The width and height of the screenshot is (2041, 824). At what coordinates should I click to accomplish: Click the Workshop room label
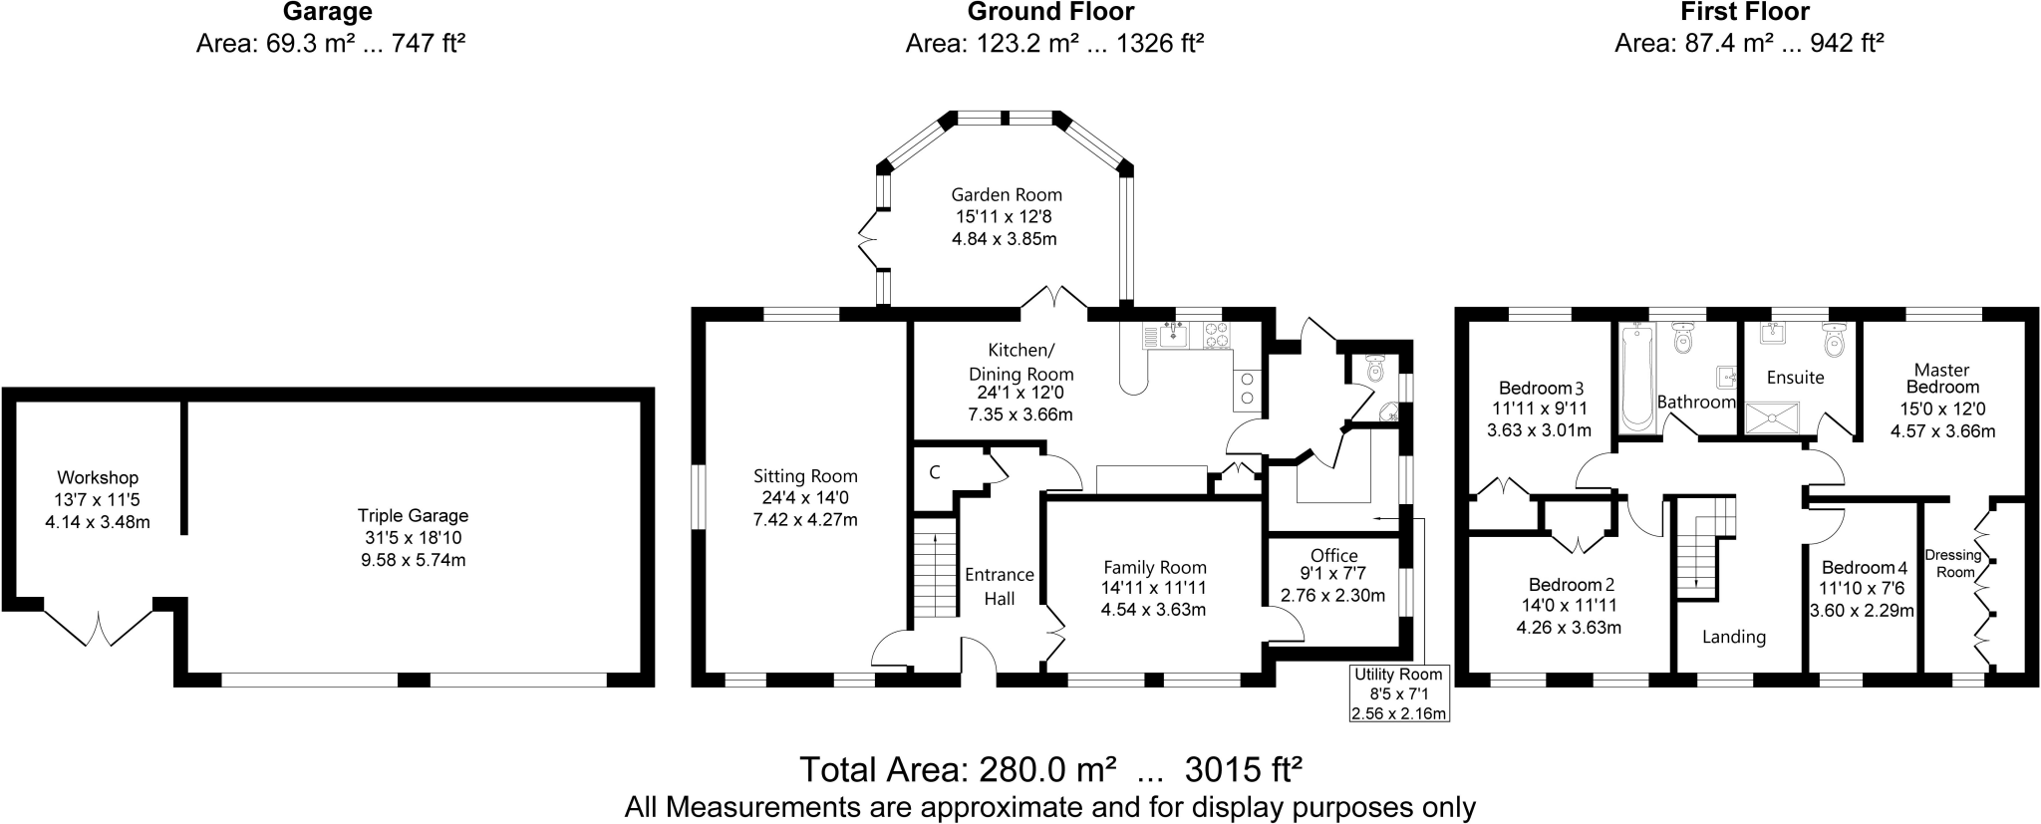pyautogui.click(x=98, y=478)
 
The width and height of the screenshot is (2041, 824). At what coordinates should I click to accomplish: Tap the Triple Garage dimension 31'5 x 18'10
pyautogui.click(x=413, y=538)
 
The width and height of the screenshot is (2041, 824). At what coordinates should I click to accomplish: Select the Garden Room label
pyautogui.click(x=1006, y=195)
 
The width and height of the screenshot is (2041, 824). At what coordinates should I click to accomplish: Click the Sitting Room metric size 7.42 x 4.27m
pyautogui.click(x=805, y=519)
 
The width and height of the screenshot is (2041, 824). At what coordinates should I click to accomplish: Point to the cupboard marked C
pyautogui.click(x=935, y=472)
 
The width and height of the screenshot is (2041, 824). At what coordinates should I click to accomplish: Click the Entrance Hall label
pyautogui.click(x=999, y=586)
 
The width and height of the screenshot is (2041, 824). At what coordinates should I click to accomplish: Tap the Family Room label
pyautogui.click(x=1154, y=568)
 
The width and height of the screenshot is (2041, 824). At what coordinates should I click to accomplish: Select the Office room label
pyautogui.click(x=1333, y=556)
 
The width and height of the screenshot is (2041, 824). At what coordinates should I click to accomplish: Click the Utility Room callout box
pyautogui.click(x=1398, y=693)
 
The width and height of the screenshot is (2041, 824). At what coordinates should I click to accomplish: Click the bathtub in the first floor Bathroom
pyautogui.click(x=1636, y=379)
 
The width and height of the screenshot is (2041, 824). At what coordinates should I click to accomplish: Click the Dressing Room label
pyautogui.click(x=1953, y=564)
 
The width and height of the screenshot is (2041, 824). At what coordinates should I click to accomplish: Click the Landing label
pyautogui.click(x=1733, y=637)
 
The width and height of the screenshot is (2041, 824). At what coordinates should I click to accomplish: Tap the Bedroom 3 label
pyautogui.click(x=1542, y=388)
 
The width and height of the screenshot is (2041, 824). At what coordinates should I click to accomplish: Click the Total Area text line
pyautogui.click(x=1051, y=770)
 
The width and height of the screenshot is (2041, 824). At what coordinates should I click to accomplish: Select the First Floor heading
pyautogui.click(x=1744, y=12)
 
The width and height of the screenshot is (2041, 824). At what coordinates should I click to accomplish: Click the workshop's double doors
pyautogui.click(x=99, y=628)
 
